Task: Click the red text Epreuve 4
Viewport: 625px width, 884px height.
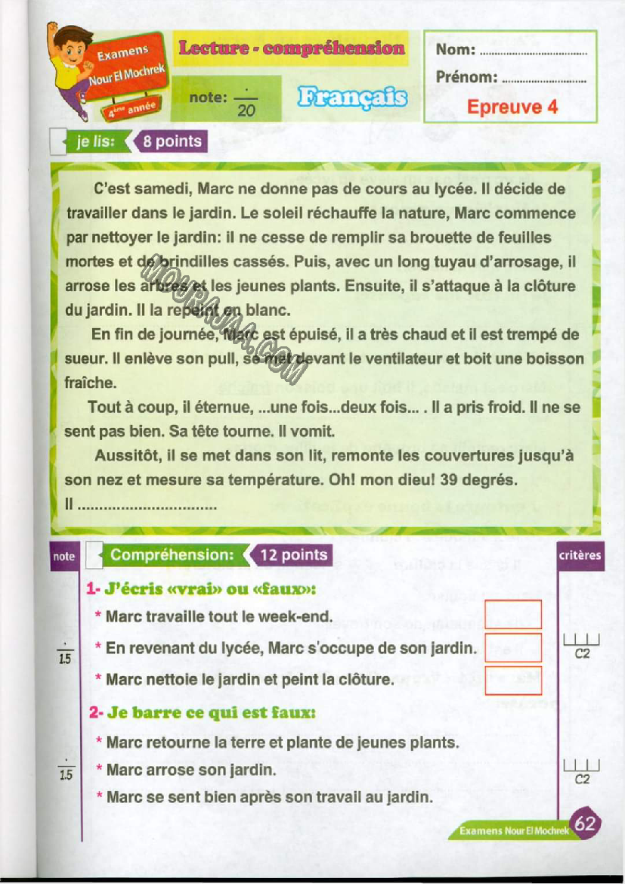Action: (512, 107)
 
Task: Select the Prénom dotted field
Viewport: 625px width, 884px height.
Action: (543, 79)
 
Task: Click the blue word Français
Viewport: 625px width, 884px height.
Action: (352, 98)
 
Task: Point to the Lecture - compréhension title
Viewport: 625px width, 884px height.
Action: (291, 48)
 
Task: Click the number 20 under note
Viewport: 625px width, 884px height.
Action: (246, 111)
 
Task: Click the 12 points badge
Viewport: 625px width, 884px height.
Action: (293, 555)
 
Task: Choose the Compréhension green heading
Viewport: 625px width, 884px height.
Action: (172, 555)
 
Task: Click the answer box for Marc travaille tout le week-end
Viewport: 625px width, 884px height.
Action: (512, 614)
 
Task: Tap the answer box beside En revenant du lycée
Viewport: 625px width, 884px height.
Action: (512, 648)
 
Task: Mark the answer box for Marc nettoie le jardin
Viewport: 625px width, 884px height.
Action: (512, 680)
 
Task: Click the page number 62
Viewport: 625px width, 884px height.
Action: (585, 823)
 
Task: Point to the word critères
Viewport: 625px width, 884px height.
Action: (580, 556)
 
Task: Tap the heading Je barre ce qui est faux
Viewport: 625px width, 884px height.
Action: (202, 712)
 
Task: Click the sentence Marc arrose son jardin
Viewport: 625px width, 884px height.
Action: (190, 771)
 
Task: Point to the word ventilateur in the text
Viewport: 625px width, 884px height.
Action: (388, 358)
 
